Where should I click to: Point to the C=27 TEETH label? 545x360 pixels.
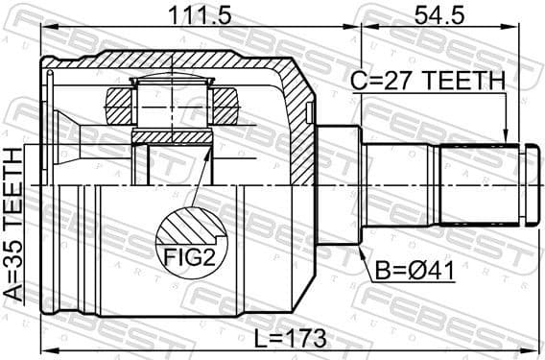(426, 83)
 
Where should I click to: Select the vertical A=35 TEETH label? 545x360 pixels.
(12, 222)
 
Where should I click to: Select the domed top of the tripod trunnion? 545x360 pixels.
(172, 80)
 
